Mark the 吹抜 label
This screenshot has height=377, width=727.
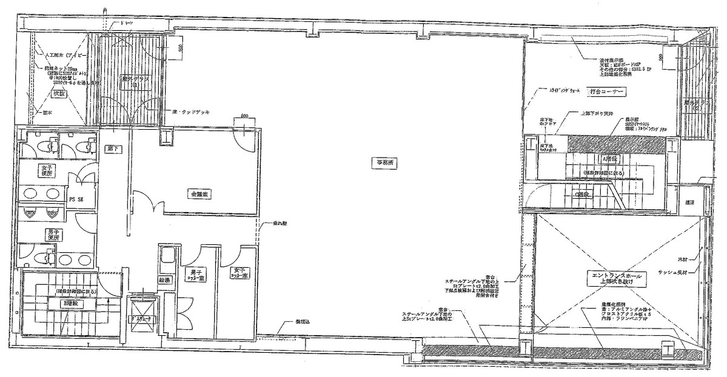(58, 94)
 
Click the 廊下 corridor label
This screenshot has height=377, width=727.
(111, 147)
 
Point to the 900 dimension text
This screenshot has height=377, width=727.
(180, 47)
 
